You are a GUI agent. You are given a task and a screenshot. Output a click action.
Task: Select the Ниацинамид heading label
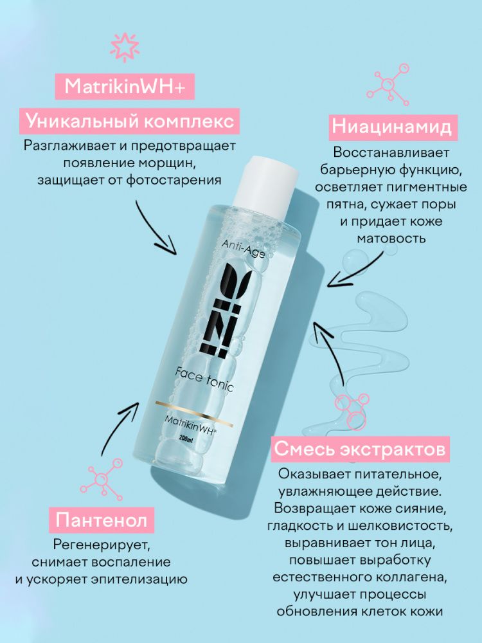(392, 127)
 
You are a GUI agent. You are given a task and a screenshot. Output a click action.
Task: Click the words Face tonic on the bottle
(204, 378)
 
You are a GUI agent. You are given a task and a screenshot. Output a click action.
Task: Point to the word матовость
(391, 238)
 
